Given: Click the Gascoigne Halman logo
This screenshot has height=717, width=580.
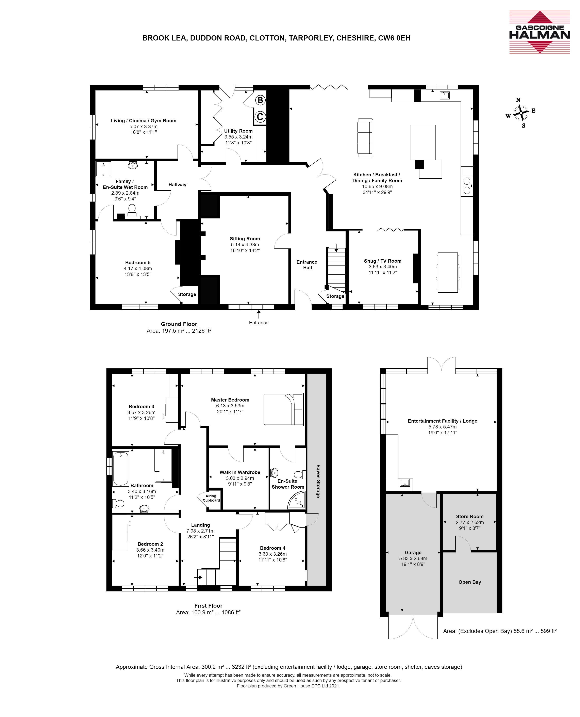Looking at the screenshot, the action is point(540,32).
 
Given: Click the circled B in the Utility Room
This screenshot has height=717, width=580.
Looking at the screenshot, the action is point(260,100).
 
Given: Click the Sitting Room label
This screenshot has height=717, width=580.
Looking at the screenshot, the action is point(245,239).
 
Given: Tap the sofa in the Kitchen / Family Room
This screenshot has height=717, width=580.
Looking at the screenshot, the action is point(365,137).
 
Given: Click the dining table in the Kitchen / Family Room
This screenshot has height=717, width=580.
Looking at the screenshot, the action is point(448,272).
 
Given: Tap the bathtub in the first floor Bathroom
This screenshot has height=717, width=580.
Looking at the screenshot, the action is point(121,469).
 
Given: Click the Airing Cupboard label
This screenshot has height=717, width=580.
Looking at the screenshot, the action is point(211,498).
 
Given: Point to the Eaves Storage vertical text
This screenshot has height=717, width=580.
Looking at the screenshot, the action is point(318,481).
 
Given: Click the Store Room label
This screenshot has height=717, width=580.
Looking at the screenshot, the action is point(470,517).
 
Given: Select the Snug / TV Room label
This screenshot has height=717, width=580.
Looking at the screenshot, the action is point(383,261).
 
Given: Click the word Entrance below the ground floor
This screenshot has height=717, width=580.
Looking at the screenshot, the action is point(259,323).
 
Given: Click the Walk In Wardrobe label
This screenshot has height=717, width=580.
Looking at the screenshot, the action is point(240,472).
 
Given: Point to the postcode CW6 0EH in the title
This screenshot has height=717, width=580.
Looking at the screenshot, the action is point(394,38).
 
